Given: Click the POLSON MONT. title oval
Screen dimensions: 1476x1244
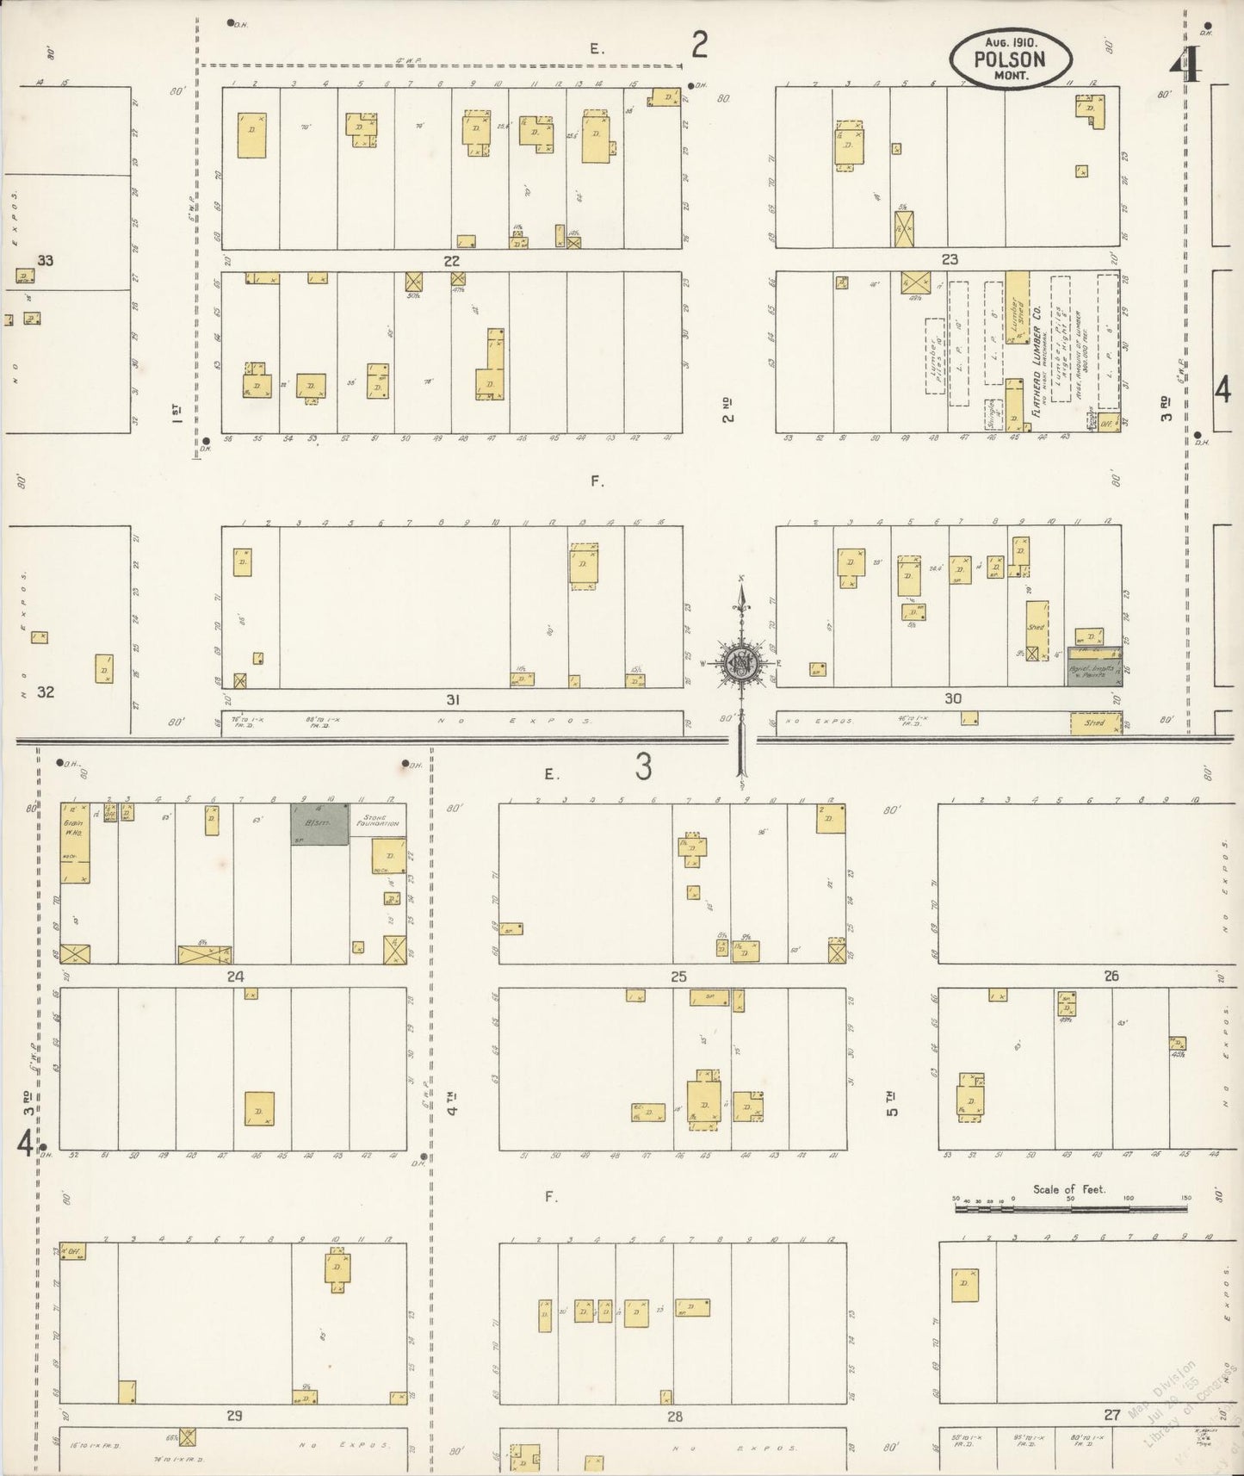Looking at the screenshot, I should tap(1011, 59).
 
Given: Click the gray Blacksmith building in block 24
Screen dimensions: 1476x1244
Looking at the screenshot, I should tap(319, 824).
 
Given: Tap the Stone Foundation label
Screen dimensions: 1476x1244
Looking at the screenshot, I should tap(381, 821).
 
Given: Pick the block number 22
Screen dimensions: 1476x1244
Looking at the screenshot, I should tap(451, 260).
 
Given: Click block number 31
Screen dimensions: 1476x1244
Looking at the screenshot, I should tap(453, 699).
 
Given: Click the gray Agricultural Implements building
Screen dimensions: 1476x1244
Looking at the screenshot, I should tap(1093, 667).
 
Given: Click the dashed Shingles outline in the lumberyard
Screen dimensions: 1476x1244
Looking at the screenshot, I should tap(992, 413).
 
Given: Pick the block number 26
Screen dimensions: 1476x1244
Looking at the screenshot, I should tap(1111, 976).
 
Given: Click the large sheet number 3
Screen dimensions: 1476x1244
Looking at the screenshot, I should tap(643, 767).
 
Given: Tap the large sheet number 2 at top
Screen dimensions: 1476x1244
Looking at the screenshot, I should tap(699, 44).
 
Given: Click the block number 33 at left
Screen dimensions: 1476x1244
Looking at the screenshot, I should tap(45, 260).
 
